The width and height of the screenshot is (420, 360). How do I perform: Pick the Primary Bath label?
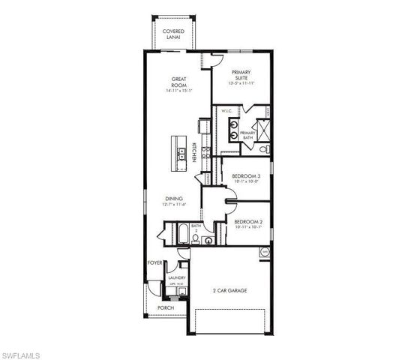[248, 135]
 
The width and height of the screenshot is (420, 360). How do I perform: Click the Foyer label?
[154, 262]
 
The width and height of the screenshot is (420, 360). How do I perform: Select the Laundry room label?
[177, 279]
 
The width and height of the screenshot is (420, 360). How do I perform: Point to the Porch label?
[165, 307]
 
